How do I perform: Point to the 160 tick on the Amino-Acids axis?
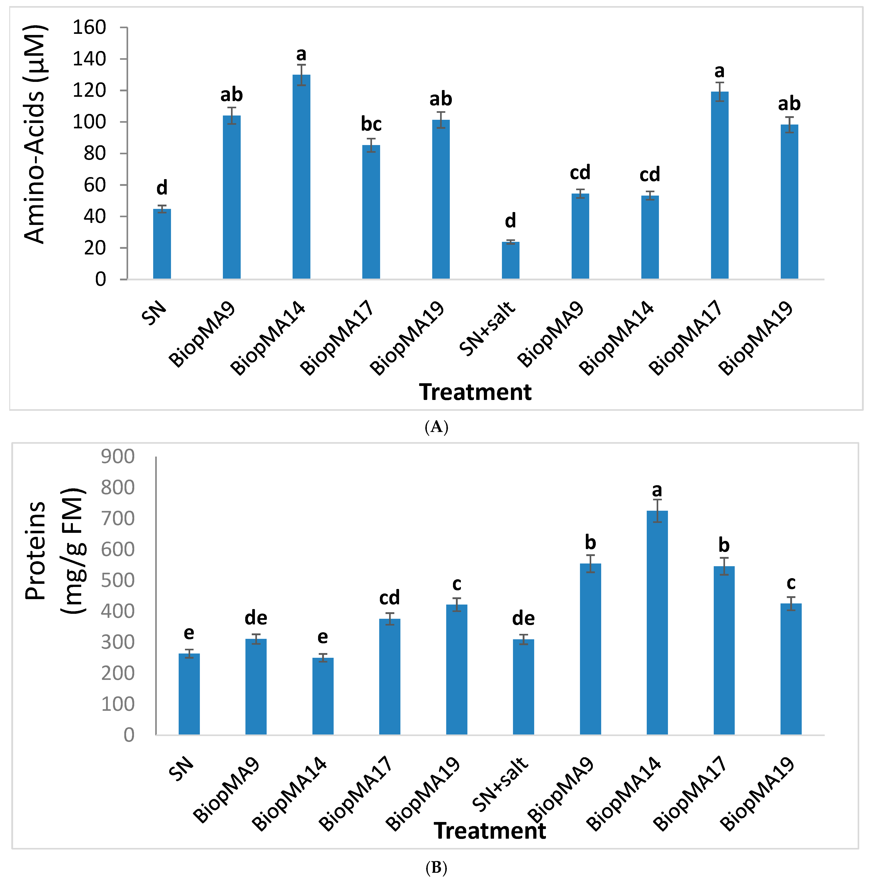[89, 28]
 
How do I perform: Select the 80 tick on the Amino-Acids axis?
[95, 153]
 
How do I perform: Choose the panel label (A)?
[436, 427]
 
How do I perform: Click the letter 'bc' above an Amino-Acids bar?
[371, 124]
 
